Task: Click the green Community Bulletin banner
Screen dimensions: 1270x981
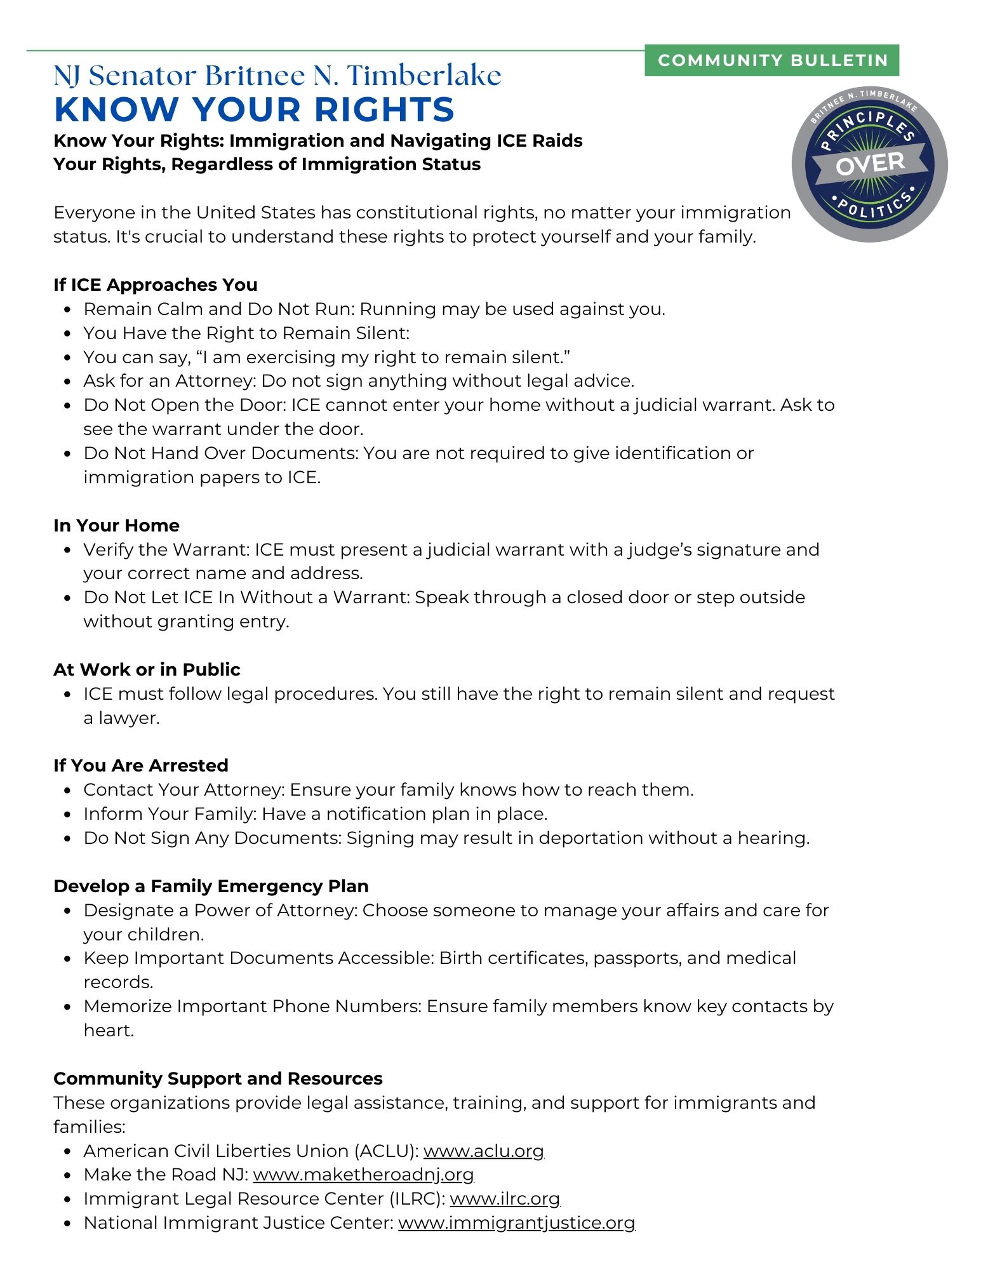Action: pos(771,60)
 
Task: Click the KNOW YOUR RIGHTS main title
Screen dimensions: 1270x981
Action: pos(254,109)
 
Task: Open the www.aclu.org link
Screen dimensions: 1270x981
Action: pos(483,1151)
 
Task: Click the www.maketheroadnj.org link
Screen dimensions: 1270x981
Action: pos(363,1175)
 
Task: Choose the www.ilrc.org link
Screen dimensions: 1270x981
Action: pos(505,1199)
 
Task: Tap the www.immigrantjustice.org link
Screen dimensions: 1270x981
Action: pos(516,1223)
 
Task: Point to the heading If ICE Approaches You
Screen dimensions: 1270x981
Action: pos(156,284)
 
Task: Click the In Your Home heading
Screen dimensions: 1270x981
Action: pos(116,525)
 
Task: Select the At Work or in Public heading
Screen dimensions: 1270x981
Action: pos(147,669)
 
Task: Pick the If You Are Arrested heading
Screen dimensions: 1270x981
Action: pos(141,765)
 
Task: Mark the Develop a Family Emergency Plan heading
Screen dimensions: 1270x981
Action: pos(211,886)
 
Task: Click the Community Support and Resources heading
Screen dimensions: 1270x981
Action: pos(218,1078)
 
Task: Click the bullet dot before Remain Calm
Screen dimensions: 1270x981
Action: pos(67,310)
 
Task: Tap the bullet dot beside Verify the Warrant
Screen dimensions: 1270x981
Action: pos(67,550)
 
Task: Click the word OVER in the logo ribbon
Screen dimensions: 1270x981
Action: pos(870,164)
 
